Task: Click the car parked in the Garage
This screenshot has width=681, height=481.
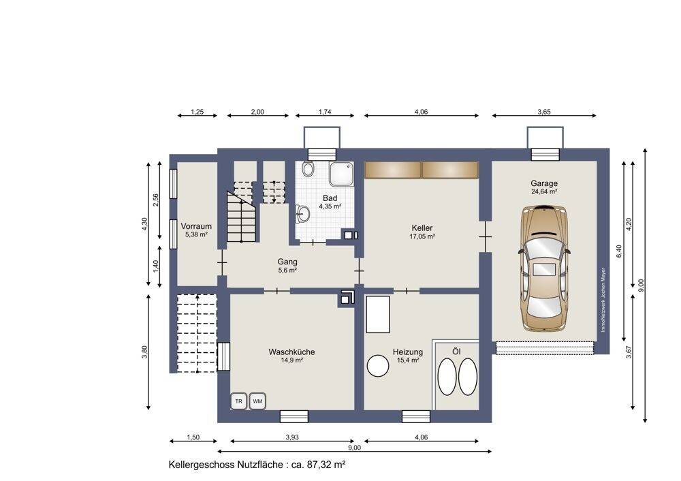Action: tap(545, 268)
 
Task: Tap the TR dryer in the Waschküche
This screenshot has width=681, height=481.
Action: tap(239, 401)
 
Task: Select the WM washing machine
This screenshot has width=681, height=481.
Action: tap(257, 401)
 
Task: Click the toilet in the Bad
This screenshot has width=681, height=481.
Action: tap(308, 168)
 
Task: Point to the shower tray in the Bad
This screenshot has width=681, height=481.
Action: tap(341, 174)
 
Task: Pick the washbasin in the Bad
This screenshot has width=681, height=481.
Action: tap(303, 214)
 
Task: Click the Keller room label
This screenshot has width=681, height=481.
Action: tap(422, 228)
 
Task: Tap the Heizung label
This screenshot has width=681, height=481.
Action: tap(408, 352)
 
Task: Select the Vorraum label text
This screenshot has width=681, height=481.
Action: tap(196, 226)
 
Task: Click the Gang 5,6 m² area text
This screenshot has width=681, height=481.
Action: tap(287, 270)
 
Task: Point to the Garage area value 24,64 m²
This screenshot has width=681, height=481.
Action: tap(544, 191)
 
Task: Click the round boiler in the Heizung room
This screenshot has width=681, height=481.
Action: tap(378, 366)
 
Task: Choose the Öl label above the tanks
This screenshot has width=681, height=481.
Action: tap(456, 351)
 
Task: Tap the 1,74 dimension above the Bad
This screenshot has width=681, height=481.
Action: tap(325, 112)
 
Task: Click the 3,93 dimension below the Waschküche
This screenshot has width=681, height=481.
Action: tap(292, 437)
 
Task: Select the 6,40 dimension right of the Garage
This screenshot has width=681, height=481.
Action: tap(619, 251)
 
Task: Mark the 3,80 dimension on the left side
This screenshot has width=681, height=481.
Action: tap(144, 352)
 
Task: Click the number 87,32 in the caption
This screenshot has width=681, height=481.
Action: tap(319, 465)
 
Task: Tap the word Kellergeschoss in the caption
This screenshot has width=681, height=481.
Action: tap(202, 465)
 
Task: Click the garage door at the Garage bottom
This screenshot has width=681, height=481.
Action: tap(545, 347)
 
